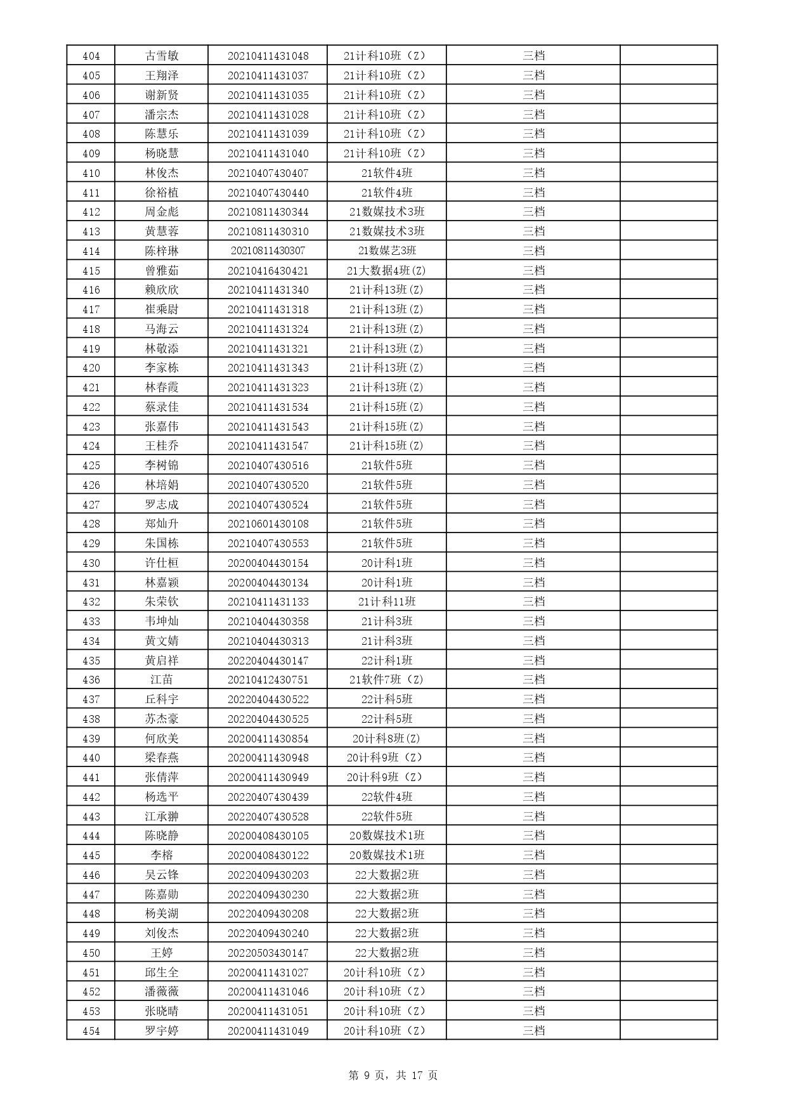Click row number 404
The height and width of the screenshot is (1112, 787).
pos(91,56)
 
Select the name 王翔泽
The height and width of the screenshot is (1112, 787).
pos(162,75)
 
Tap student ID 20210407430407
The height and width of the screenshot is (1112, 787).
pos(268,173)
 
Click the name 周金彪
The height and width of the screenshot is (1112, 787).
pos(162,212)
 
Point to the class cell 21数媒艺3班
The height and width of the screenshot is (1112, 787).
pos(387,251)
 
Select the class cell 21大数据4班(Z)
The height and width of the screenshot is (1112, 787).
pos(387,271)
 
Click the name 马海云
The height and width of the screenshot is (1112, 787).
pos(162,329)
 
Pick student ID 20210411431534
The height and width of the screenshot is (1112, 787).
pos(268,407)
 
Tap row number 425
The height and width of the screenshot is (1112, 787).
pos(91,465)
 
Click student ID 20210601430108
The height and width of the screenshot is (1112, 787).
pos(268,524)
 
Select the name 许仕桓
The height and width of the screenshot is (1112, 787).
pos(162,563)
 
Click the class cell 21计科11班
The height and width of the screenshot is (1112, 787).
pos(387,602)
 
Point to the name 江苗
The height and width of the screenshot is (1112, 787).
pos(162,680)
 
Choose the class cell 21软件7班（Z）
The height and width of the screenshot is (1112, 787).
pos(387,680)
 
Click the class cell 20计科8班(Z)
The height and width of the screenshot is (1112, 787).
pos(387,739)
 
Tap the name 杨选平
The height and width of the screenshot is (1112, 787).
pos(162,797)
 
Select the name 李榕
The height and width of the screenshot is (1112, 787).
pos(162,855)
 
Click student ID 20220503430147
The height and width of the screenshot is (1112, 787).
pos(268,953)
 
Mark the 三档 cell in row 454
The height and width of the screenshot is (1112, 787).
pos(533,1031)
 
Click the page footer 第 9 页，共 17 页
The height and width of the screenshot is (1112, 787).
pos(393,1075)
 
